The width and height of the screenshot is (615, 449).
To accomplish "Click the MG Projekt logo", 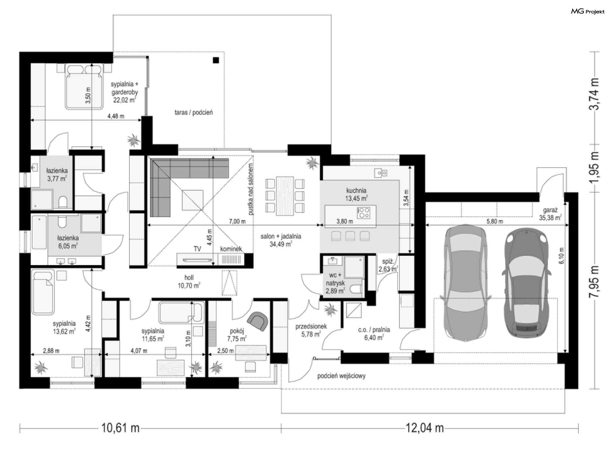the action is pyautogui.click(x=588, y=12).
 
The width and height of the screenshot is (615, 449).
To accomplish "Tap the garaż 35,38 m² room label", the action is pyautogui.click(x=550, y=214).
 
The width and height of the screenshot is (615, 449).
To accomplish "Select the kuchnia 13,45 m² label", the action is pyautogui.click(x=356, y=194).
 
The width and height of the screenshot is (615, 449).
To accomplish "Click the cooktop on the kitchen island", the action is pyautogui.click(x=363, y=213).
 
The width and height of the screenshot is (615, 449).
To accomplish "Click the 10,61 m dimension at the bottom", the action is pyautogui.click(x=120, y=428).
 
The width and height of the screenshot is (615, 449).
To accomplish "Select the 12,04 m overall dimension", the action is pyautogui.click(x=425, y=428).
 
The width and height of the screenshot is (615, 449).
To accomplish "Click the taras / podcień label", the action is pyautogui.click(x=193, y=112).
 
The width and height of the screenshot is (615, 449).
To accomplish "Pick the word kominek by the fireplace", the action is pyautogui.click(x=231, y=249).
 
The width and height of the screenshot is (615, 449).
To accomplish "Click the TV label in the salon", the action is pyautogui.click(x=197, y=249).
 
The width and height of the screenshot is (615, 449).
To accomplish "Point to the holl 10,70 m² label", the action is pyautogui.click(x=189, y=282).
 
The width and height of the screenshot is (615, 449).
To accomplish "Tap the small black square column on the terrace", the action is pyautogui.click(x=216, y=60).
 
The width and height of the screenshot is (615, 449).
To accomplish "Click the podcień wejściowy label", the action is pyautogui.click(x=341, y=376).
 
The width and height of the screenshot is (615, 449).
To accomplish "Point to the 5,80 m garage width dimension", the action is pyautogui.click(x=495, y=221).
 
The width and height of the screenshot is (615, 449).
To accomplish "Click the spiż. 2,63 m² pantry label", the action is pyautogui.click(x=388, y=265).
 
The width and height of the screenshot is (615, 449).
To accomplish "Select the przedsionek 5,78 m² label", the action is pyautogui.click(x=311, y=330).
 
